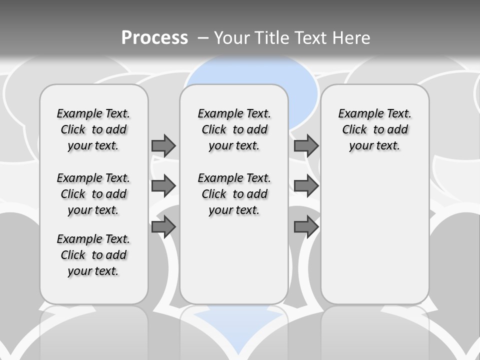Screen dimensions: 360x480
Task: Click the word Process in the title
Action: (154, 38)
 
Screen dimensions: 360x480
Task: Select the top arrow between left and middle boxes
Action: (163, 145)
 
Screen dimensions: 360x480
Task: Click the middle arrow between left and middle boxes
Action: (163, 186)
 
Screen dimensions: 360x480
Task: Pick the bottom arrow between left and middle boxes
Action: (163, 227)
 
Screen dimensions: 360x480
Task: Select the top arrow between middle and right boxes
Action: (306, 145)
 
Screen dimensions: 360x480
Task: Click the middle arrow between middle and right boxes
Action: (306, 186)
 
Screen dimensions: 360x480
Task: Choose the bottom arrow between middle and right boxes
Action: (306, 227)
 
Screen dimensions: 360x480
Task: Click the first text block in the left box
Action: (93, 129)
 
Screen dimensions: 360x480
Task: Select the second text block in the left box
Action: (93, 194)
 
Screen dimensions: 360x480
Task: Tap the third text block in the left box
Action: (93, 255)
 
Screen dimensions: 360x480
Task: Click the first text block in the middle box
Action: (234, 129)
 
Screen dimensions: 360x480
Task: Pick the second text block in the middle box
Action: (234, 194)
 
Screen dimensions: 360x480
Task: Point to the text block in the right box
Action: (374, 129)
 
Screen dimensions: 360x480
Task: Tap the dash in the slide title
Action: (203, 38)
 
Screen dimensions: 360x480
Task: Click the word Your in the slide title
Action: (232, 38)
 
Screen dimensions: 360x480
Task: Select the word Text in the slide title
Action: (311, 38)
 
